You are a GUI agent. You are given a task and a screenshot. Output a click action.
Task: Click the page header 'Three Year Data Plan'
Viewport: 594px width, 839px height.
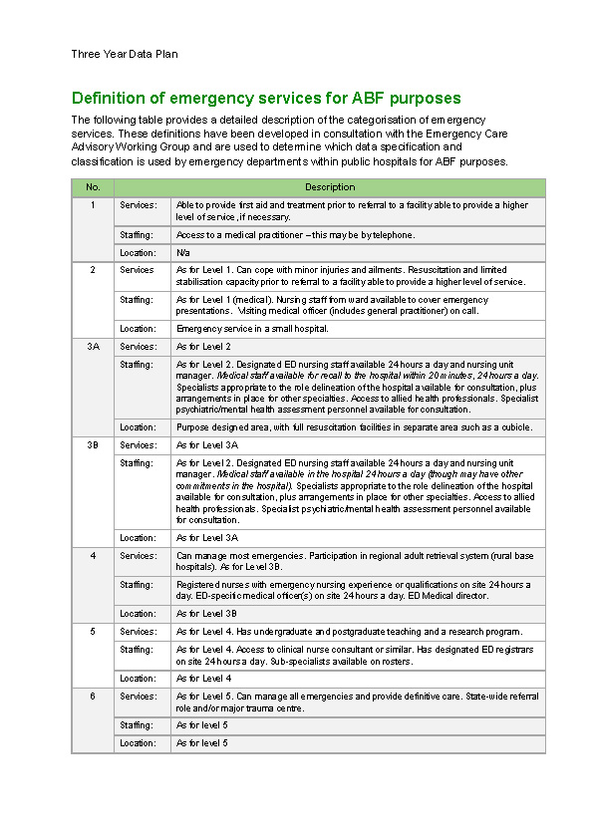click(125, 54)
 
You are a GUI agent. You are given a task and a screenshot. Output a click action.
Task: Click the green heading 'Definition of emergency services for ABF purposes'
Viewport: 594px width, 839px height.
click(266, 98)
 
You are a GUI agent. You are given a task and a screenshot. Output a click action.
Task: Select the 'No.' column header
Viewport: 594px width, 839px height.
click(93, 187)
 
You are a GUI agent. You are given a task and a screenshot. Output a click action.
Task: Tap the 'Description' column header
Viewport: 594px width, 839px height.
click(329, 187)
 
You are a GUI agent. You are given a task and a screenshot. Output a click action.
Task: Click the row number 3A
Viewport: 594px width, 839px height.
click(93, 347)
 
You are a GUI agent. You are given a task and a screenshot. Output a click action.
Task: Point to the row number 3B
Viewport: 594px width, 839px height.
click(93, 445)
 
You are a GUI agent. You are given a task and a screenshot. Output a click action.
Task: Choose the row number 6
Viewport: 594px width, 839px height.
click(93, 697)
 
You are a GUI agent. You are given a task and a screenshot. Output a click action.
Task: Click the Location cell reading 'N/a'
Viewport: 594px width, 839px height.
click(183, 253)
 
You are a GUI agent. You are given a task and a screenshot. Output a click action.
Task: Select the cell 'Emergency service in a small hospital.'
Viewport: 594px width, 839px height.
click(252, 328)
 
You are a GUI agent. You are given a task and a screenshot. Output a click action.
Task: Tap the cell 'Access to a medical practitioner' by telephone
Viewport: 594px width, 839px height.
click(295, 235)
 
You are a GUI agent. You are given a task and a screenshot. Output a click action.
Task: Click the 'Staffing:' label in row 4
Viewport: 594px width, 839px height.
click(138, 585)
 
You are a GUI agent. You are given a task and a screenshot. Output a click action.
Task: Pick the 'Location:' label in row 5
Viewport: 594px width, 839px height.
click(138, 679)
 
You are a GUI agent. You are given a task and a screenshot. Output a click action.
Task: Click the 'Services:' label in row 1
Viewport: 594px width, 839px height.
click(138, 204)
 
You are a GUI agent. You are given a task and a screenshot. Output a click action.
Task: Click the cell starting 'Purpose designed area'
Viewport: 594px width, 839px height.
click(354, 426)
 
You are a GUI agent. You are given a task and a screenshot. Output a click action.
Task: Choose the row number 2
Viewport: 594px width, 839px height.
click(93, 270)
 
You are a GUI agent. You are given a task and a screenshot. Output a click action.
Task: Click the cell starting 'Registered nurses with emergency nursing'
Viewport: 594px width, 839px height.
click(354, 590)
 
